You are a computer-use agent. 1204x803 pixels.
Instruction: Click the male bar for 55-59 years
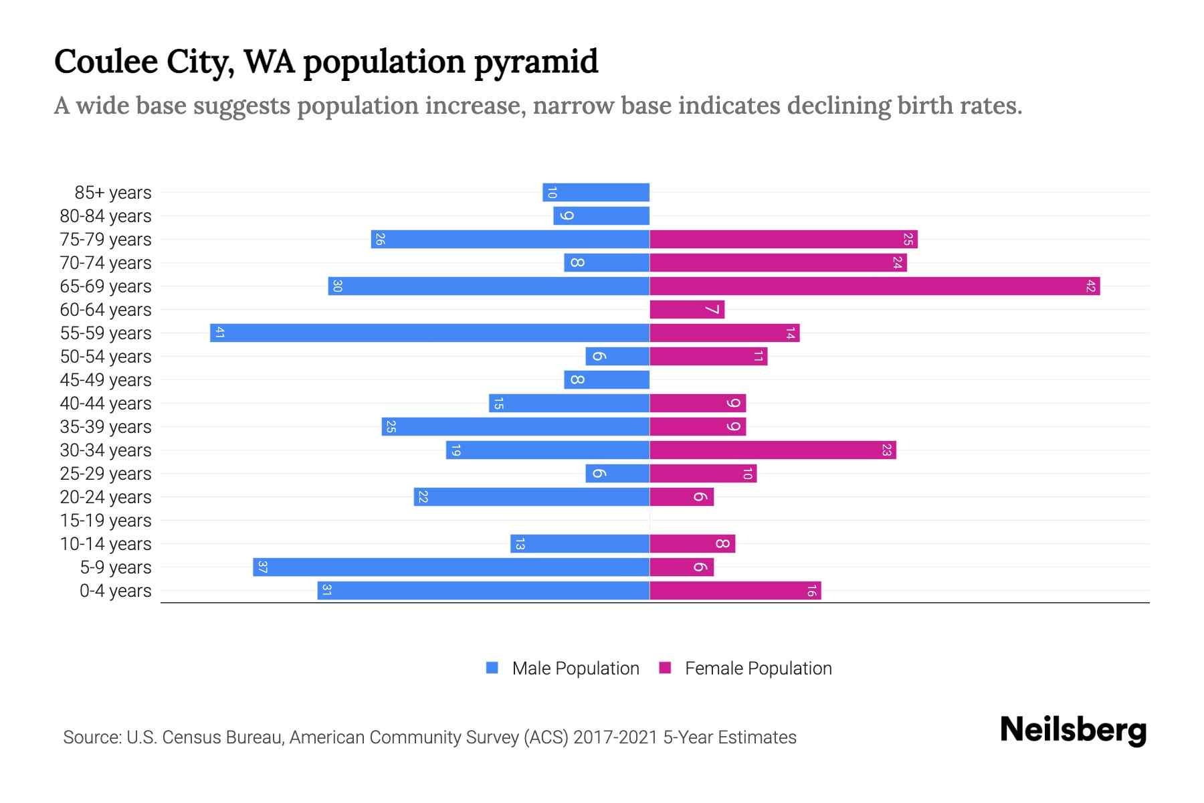(429, 333)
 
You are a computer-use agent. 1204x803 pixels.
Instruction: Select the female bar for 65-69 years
(874, 286)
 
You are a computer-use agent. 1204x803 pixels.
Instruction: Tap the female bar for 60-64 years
(687, 309)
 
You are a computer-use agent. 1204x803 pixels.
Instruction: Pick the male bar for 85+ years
(596, 192)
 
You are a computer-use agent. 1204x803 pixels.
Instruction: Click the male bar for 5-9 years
(451, 567)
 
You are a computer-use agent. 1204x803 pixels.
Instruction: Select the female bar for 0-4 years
(735, 590)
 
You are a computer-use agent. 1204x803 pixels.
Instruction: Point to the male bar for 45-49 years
(607, 379)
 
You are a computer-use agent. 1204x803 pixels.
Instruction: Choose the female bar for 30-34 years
(773, 450)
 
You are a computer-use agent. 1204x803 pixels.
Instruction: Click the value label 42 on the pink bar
(1090, 286)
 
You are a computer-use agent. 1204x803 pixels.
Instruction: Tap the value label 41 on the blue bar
(219, 333)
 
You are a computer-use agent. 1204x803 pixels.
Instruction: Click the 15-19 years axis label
(106, 520)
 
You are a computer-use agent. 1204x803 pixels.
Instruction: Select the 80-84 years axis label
(106, 215)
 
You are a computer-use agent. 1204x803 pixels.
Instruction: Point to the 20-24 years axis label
(106, 497)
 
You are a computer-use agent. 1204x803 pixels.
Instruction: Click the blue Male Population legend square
(492, 668)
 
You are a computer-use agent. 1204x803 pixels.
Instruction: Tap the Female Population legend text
(758, 668)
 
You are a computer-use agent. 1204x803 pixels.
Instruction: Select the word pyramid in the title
(536, 62)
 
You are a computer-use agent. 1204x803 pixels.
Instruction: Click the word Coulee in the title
(106, 62)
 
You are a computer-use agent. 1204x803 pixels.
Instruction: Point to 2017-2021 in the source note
(615, 737)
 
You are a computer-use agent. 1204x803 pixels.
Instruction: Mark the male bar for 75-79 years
(510, 239)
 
